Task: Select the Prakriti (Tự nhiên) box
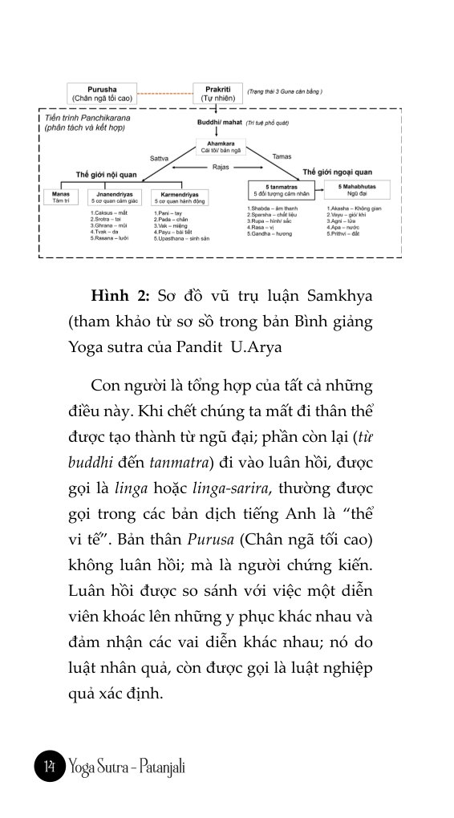[x=212, y=93]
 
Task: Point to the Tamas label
[x=282, y=156]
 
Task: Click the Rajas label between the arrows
[x=221, y=167]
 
